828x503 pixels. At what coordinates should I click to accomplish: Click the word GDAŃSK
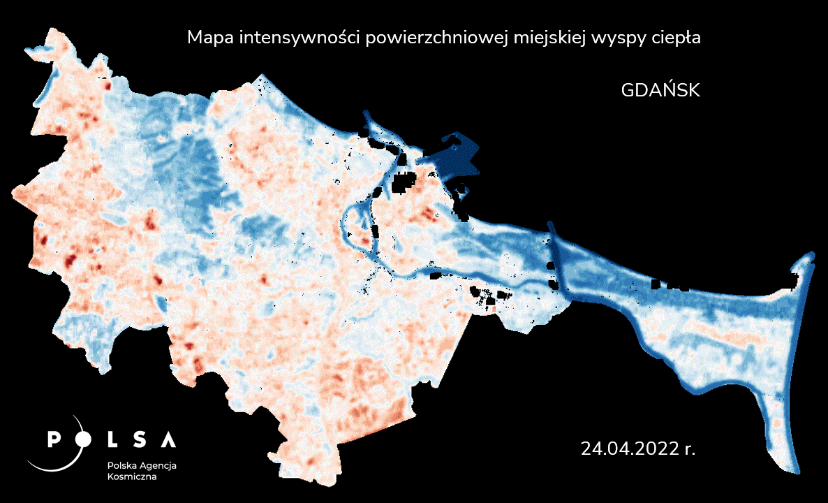[660, 90]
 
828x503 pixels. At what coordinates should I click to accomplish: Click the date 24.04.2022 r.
[637, 448]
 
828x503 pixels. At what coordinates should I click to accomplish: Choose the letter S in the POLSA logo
[140, 439]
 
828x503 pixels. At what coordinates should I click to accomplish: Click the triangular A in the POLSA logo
[168, 439]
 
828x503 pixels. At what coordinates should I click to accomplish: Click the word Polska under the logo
[121, 465]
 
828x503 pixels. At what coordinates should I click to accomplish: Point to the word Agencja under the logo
[158, 466]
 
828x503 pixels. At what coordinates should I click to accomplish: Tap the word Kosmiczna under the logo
[132, 477]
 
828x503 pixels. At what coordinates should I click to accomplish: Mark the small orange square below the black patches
[494, 308]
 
